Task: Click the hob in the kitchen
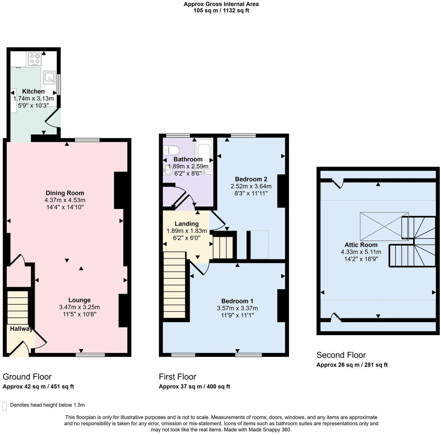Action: [x=35, y=59]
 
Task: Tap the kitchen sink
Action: [x=49, y=77]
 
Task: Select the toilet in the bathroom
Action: [x=172, y=150]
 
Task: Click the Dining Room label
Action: [x=65, y=193]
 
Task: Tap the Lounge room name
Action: [x=79, y=300]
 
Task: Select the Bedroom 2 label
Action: [x=251, y=179]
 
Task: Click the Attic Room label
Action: [x=361, y=245]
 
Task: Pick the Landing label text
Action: [x=187, y=224]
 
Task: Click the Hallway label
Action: [x=21, y=329]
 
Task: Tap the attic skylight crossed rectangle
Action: [x=384, y=226]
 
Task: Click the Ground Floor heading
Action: [x=27, y=377]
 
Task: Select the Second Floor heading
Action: [x=341, y=355]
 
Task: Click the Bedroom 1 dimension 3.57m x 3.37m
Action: [x=237, y=308]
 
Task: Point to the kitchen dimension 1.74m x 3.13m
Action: [x=33, y=99]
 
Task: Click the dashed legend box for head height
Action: [x=4, y=406]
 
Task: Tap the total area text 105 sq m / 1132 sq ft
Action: [x=221, y=10]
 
